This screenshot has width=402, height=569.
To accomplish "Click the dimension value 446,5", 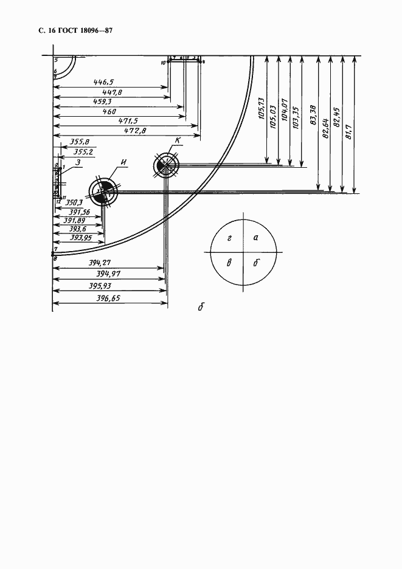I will (106, 81).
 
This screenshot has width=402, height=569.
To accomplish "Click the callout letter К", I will (177, 142).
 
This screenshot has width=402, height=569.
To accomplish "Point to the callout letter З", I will (79, 162).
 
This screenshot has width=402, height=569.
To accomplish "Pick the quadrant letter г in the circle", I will (229, 239).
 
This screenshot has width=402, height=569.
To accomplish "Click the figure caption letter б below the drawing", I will (200, 307).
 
